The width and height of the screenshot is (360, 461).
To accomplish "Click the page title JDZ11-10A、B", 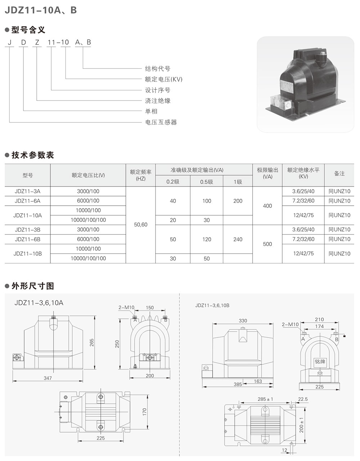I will (x=40, y=10).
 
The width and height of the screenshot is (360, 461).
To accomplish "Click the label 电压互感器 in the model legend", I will (x=161, y=122).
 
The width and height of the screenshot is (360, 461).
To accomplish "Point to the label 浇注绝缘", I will (x=158, y=101).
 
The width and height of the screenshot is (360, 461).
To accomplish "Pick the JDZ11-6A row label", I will (x=27, y=201).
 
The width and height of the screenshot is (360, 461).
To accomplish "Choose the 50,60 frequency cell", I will (x=140, y=225).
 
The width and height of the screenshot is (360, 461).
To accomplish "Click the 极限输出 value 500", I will (x=267, y=244).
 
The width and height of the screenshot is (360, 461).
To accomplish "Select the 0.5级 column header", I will (x=207, y=182).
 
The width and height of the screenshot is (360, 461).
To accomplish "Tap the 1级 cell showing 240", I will (x=238, y=239).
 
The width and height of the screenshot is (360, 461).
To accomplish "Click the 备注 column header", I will (x=339, y=174).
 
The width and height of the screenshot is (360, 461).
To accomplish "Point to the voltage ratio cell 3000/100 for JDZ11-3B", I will (x=88, y=230).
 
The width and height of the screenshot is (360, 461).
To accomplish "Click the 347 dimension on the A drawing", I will (x=48, y=378).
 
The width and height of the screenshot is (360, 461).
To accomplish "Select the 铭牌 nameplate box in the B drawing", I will (x=320, y=362).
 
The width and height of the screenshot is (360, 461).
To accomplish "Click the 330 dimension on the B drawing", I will (x=243, y=321).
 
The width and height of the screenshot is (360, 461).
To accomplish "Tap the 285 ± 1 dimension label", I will (x=266, y=399).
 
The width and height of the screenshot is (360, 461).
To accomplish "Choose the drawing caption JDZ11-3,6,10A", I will (x=39, y=303).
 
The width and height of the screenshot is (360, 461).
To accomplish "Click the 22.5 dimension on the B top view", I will (x=303, y=399).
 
